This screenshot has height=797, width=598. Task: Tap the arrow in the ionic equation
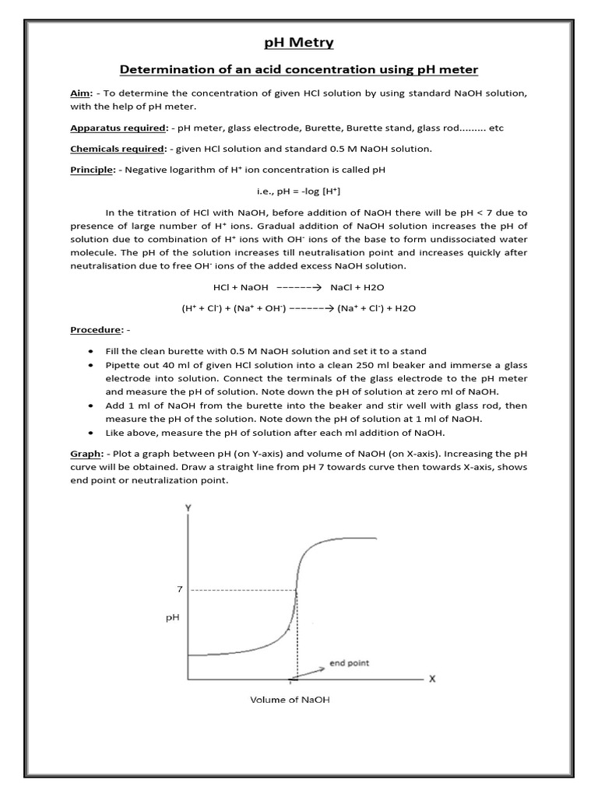tap(311, 308)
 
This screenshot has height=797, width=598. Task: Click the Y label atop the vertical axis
tap(188, 507)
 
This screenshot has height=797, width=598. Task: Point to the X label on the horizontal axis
tap(433, 679)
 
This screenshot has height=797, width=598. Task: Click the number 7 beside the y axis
tap(179, 590)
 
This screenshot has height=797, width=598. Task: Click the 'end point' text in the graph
tap(349, 663)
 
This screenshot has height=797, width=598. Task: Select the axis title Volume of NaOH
tap(290, 700)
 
